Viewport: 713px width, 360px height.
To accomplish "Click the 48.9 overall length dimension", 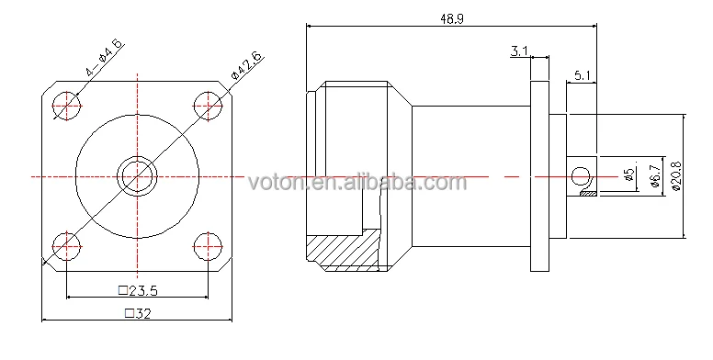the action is click(x=451, y=18).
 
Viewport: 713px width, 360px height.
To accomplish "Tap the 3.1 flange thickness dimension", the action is click(x=519, y=51).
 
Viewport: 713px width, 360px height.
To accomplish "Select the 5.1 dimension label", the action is click(x=582, y=75).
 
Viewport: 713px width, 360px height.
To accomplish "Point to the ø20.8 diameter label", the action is click(x=675, y=176).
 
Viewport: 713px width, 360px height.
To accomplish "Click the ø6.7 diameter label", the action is click(x=655, y=176).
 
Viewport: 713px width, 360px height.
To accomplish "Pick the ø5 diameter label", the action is click(x=629, y=175).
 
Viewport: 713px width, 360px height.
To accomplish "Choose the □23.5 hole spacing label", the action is click(x=138, y=290).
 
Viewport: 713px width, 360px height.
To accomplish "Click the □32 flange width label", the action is click(x=138, y=313).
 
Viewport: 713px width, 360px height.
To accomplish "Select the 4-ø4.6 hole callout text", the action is click(x=105, y=57).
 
